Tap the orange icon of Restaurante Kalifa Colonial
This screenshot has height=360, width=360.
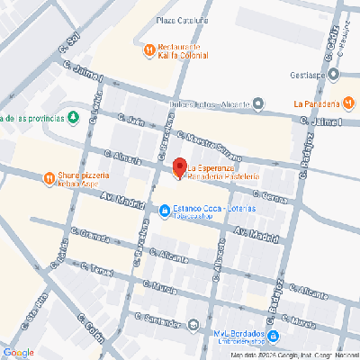pos(149,52)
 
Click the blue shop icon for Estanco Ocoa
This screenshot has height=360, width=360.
pos(164,212)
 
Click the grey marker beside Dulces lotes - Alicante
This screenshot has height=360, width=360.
pos(258,104)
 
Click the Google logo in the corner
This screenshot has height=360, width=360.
pos(18,352)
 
